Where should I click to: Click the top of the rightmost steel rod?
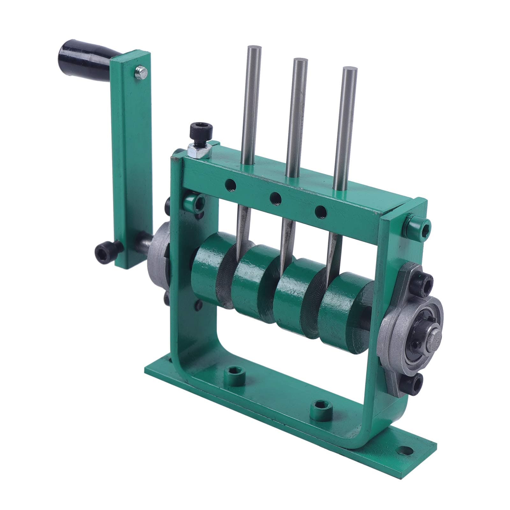coord(348,70)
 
